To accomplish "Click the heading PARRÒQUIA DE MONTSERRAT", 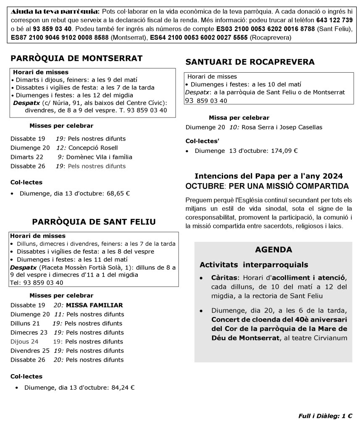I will click(x=76, y=58).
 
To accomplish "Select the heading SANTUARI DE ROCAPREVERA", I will click(x=250, y=62).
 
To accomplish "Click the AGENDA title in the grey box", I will click(x=273, y=250).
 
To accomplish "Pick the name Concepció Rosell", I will click(x=93, y=148).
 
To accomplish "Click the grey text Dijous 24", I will click(x=24, y=341).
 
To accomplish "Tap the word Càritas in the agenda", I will click(x=224, y=278).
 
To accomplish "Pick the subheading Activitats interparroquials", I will click(x=254, y=265).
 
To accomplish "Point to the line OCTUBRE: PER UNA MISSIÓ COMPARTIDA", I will click(x=267, y=186).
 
